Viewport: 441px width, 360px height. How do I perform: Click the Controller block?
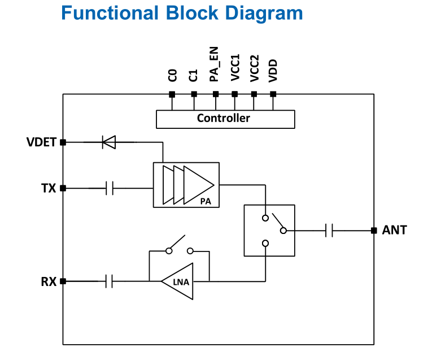[x=225, y=119]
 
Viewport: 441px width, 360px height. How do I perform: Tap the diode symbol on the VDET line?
[x=109, y=142]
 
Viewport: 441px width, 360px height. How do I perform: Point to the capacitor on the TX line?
[x=110, y=188]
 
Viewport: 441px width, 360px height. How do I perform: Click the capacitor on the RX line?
[x=110, y=281]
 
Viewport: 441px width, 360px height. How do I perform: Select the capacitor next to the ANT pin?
[x=330, y=231]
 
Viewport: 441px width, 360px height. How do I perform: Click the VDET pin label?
[x=42, y=142]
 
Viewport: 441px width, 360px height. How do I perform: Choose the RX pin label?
[x=49, y=281]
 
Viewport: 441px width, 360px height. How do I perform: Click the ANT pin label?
[x=394, y=231]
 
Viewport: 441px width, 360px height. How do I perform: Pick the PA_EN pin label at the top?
[x=215, y=65]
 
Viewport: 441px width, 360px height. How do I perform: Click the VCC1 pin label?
[x=235, y=68]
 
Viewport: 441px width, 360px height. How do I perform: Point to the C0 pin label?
[x=173, y=76]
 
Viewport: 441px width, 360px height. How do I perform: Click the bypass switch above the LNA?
[x=178, y=247]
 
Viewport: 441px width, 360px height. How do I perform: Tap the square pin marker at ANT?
[x=373, y=231]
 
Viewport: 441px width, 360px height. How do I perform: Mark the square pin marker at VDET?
[x=63, y=142]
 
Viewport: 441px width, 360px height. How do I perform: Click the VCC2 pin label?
[x=255, y=68]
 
